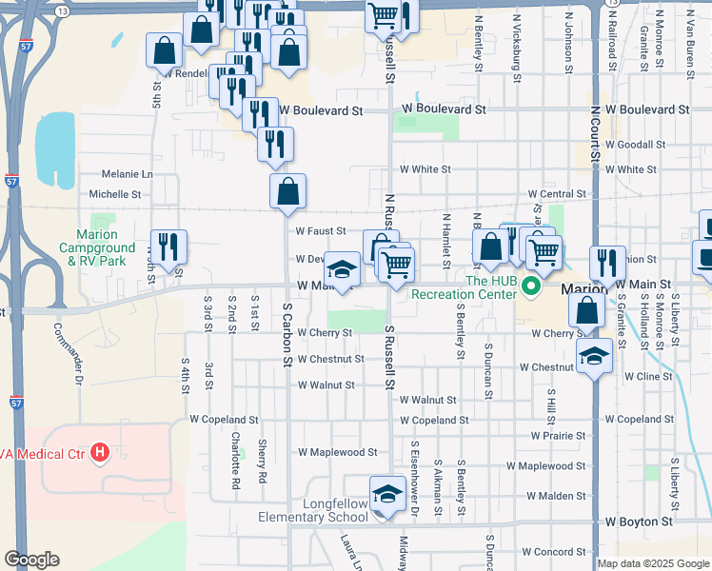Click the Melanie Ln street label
coord(128,174)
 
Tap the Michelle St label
coord(114,193)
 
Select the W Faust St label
coord(319,230)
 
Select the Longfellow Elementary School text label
coord(313,509)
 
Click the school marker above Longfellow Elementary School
coord(387,495)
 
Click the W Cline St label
coord(648,376)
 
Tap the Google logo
coord(31,560)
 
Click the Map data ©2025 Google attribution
coord(653,563)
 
